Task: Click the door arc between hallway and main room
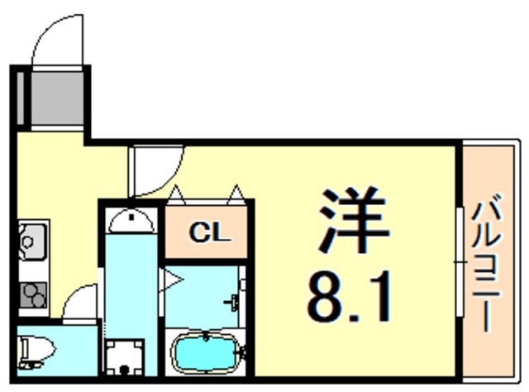click(156, 169)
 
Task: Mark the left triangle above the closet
click(176, 195)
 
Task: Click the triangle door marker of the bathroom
click(172, 280)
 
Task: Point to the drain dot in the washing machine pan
click(125, 370)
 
